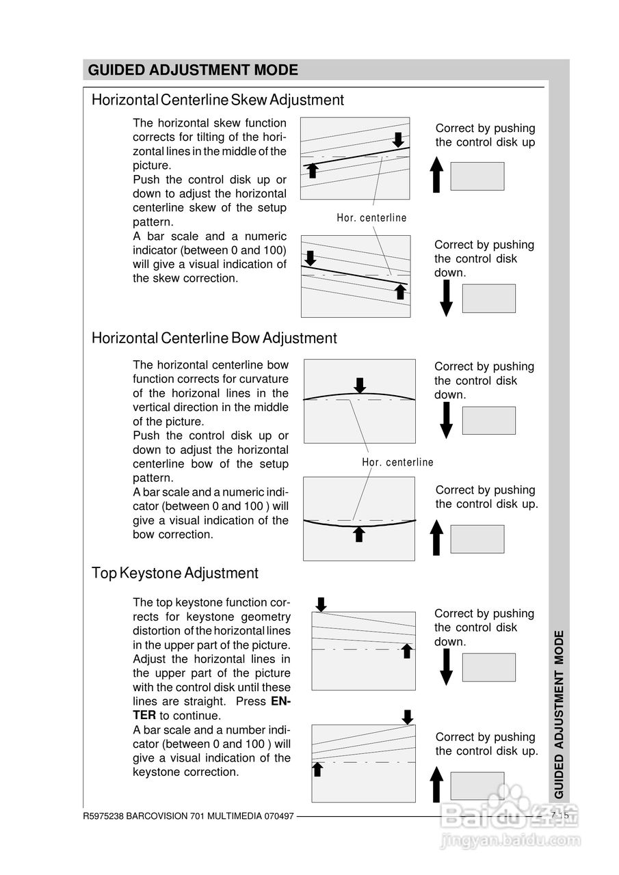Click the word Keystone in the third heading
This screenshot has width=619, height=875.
click(148, 573)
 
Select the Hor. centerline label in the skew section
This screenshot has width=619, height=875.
click(371, 218)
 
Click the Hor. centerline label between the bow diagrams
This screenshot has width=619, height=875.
click(397, 462)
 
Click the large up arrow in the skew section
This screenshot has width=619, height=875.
click(438, 174)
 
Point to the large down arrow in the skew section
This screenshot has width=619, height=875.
click(446, 298)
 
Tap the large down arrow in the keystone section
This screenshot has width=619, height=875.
click(446, 667)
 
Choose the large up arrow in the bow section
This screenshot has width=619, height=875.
click(438, 537)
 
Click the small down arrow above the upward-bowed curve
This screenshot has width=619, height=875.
click(360, 385)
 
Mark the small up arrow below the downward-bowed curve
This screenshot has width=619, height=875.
click(358, 534)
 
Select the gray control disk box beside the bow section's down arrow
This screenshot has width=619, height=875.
click(488, 420)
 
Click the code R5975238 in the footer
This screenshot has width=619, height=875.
click(103, 816)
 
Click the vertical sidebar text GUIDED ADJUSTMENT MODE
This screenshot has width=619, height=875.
click(559, 714)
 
